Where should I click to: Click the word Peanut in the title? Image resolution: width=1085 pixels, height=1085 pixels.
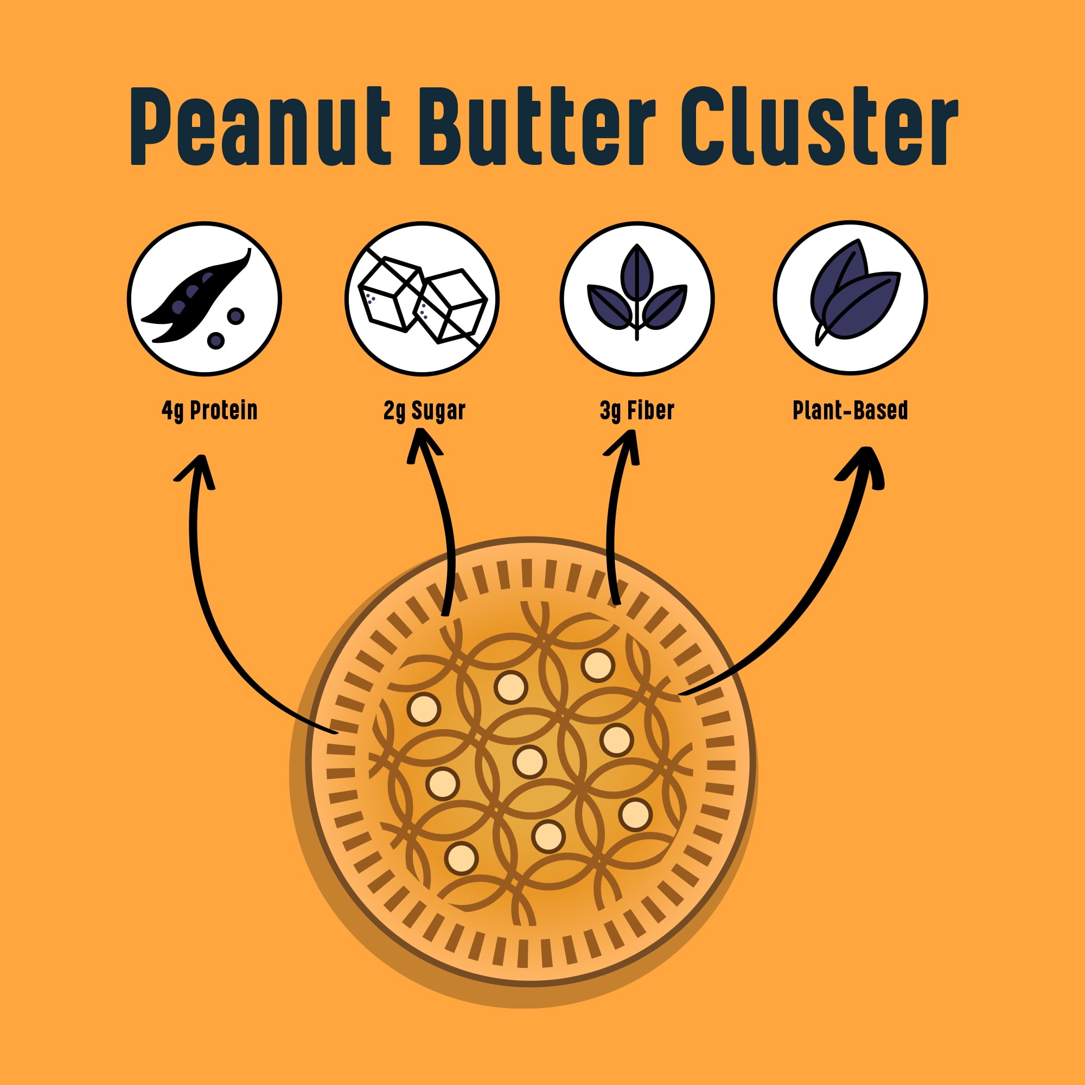260,126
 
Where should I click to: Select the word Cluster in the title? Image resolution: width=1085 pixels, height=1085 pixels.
819,126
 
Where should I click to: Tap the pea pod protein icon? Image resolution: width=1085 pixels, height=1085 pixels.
205,298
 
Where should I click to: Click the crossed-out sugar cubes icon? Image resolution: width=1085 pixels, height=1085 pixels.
422,298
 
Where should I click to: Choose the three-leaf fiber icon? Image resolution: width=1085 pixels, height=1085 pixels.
637,298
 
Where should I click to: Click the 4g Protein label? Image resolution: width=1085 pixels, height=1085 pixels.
209,411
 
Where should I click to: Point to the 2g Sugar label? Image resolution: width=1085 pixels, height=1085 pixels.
425,411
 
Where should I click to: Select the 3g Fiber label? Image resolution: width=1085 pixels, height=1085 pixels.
637,411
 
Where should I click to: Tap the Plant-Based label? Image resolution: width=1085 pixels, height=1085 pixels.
850,410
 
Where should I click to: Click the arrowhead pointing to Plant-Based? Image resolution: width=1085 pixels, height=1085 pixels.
863,466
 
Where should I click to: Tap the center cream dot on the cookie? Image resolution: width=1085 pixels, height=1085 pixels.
529,762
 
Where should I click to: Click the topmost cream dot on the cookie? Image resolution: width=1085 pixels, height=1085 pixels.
597,665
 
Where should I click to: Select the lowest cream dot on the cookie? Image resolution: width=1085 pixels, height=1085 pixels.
461,858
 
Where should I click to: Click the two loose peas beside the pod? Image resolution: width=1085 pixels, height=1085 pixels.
226,328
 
